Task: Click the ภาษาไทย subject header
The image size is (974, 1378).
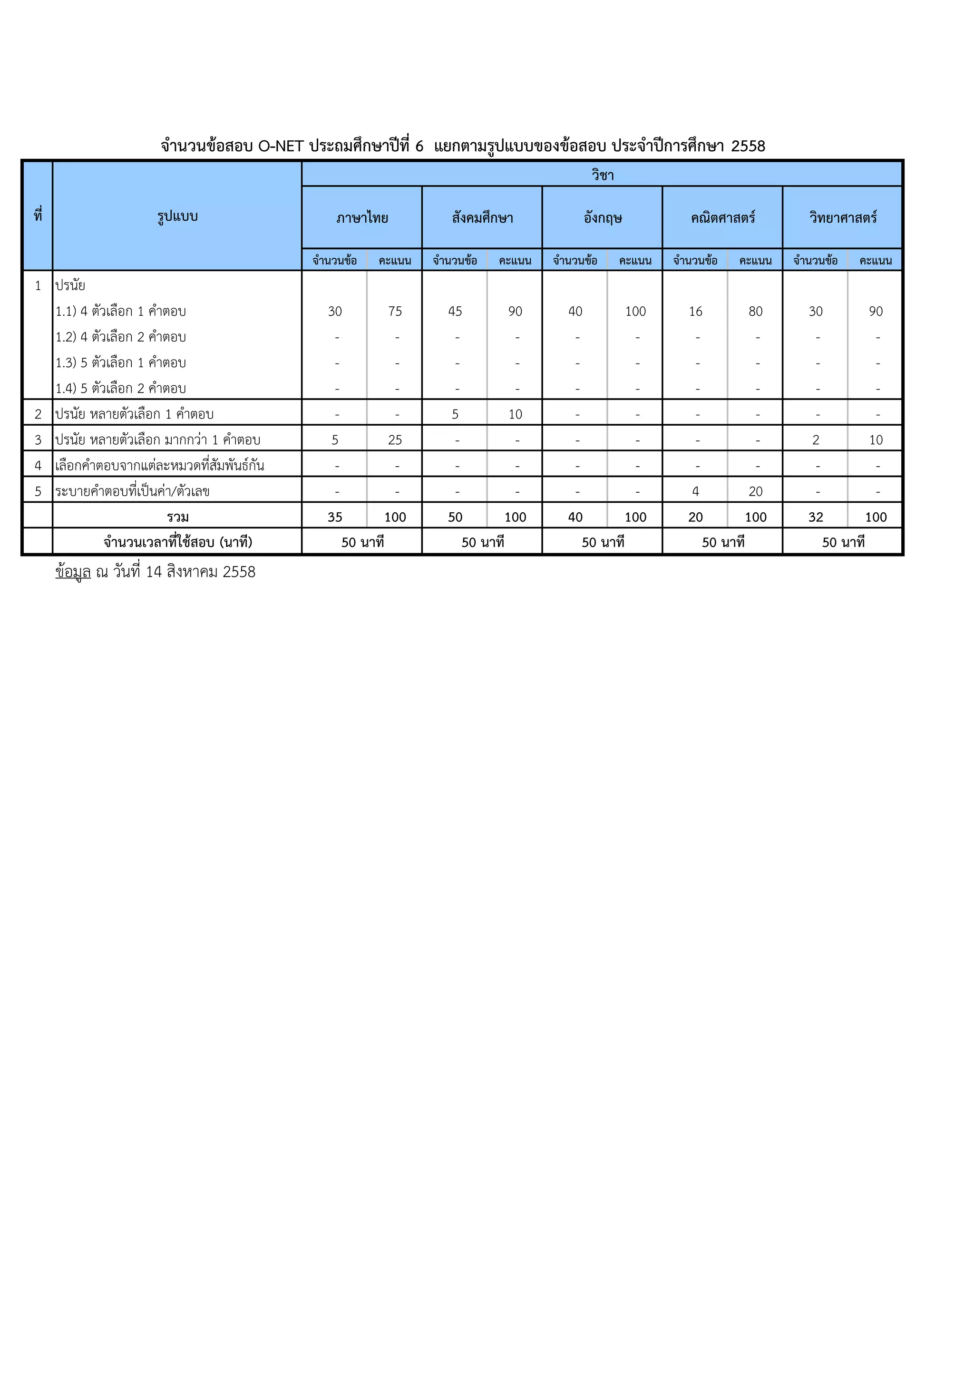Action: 362,217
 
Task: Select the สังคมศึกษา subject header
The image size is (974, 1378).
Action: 483,217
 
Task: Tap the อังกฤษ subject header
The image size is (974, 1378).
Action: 603,217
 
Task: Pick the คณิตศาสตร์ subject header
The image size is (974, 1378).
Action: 722,217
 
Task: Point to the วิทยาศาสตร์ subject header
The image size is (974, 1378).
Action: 843,217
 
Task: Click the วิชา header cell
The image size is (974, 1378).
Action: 603,175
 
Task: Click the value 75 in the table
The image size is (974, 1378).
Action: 395,312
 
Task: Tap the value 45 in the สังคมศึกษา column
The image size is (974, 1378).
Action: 455,312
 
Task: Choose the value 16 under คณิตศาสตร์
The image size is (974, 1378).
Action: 695,312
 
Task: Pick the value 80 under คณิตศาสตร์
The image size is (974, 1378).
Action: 756,312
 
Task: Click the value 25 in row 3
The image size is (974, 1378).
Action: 395,440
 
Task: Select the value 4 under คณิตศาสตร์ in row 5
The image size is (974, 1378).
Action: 695,491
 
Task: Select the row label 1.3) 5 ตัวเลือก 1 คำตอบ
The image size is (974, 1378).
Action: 121,362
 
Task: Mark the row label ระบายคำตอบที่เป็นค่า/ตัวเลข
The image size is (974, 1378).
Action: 132,491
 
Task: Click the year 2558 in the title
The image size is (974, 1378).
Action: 748,146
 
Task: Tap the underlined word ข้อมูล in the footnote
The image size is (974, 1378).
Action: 73,572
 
